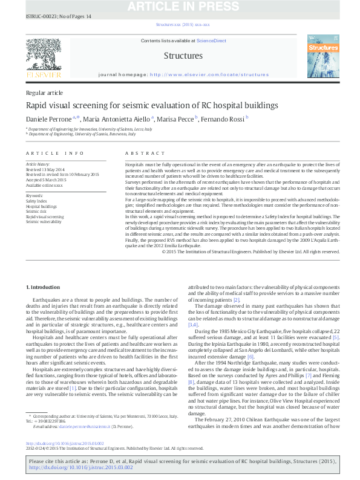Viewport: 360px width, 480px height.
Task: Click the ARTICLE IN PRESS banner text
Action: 181,7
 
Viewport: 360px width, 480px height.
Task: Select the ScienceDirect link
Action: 211,40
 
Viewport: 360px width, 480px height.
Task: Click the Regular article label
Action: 44,92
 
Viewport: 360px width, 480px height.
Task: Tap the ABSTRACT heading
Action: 140,154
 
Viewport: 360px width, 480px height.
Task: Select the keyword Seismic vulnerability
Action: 44,221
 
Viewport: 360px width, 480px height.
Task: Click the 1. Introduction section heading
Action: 44,285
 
